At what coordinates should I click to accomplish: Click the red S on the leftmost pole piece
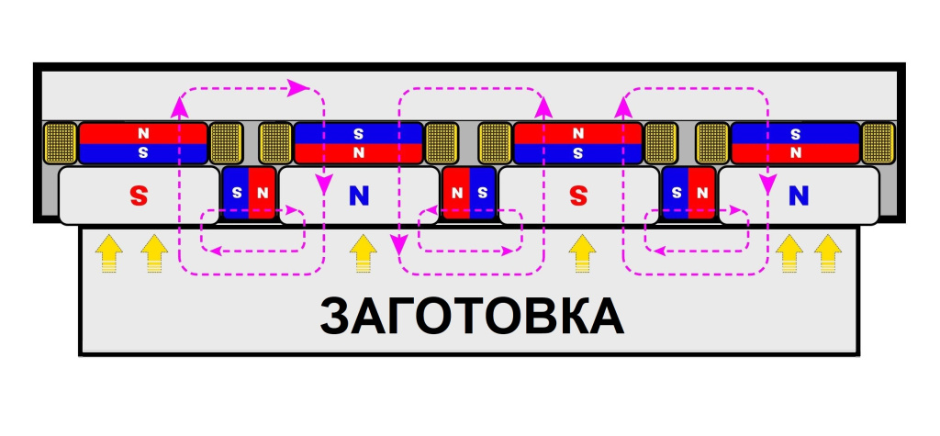[139, 195]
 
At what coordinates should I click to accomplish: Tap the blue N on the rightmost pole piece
[799, 195]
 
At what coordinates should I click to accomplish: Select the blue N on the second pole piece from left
[358, 195]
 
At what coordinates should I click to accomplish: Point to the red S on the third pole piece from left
[577, 195]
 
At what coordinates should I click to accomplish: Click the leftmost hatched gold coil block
[61, 142]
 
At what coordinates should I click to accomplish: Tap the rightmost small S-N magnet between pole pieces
[689, 193]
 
